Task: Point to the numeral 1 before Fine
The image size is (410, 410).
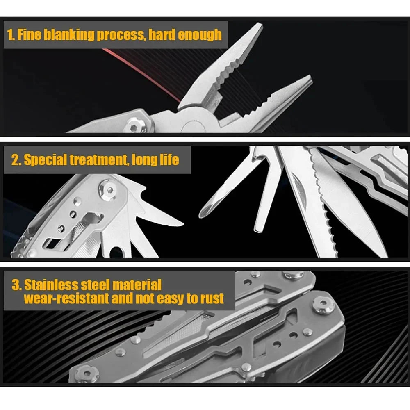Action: click(11, 34)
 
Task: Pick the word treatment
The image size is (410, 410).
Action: click(98, 159)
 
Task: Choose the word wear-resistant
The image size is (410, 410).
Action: click(66, 298)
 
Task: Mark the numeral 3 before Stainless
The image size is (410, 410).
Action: click(16, 284)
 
